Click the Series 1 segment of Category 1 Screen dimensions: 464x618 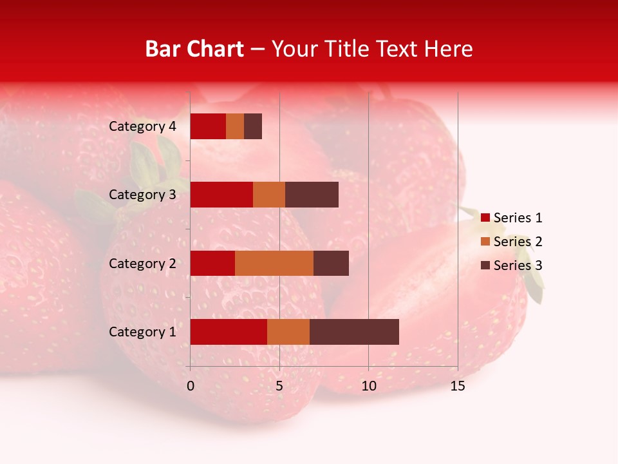[x=229, y=332]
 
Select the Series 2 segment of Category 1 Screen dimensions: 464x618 [x=288, y=332]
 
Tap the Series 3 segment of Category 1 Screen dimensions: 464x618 [x=354, y=332]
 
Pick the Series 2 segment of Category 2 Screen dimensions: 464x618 [x=274, y=263]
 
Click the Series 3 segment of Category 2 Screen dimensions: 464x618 [x=331, y=263]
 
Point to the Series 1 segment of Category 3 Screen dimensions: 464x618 [x=221, y=195]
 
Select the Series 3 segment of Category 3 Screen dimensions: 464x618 [x=312, y=195]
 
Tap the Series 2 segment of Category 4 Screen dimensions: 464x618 [x=235, y=126]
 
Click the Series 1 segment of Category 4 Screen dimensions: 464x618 [x=208, y=126]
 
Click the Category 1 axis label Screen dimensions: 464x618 [x=142, y=332]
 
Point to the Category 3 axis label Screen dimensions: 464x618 [x=142, y=195]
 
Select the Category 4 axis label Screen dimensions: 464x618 [x=142, y=126]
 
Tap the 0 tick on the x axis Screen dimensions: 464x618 [x=191, y=387]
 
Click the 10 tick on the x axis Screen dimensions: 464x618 [x=368, y=387]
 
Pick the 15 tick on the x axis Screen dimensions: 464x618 [x=458, y=387]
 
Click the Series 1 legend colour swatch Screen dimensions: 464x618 [x=485, y=218]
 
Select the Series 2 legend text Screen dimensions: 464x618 [x=518, y=242]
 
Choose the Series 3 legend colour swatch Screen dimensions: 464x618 [x=485, y=266]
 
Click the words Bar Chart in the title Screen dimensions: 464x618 [x=194, y=49]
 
